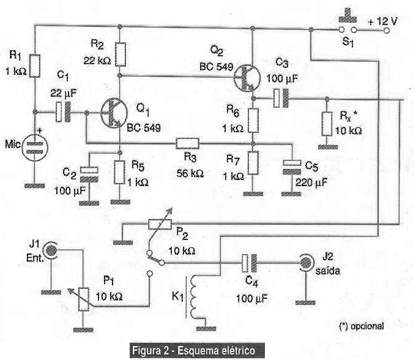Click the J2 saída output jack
tap(304, 264)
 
